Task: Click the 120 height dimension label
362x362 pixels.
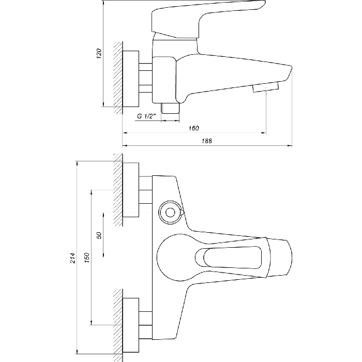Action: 99,53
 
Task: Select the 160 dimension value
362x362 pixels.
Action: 193,128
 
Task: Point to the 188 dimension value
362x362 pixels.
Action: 207,141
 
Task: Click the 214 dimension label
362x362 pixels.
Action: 73,258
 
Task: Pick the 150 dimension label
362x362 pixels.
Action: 86,258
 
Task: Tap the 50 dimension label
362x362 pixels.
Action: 99,235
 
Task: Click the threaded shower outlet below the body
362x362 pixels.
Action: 170,108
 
